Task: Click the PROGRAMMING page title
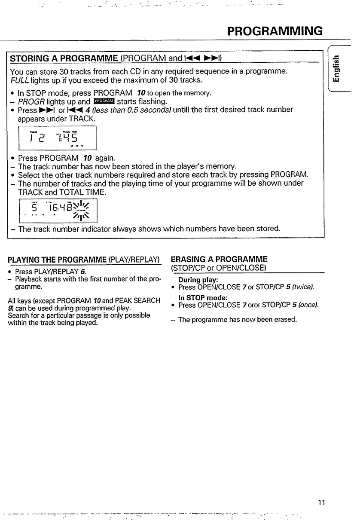pos(275,31)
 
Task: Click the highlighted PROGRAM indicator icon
pos(104,101)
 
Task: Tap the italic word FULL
pos(18,80)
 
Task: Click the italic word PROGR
pos(32,101)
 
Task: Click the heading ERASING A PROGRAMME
pos(219,259)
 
